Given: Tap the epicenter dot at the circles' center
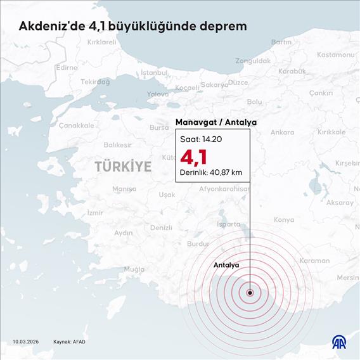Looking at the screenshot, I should (x=250, y=293).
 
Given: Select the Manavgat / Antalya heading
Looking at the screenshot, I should (x=212, y=122).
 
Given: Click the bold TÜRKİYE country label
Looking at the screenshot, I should (x=123, y=167).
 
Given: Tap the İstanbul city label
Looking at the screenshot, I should (x=155, y=73).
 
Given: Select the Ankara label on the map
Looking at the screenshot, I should (x=282, y=132).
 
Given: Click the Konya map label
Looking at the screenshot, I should (x=284, y=220).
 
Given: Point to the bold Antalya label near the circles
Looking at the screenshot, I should (x=226, y=264).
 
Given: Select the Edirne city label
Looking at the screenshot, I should (x=67, y=67).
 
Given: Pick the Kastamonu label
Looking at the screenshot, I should (x=335, y=55).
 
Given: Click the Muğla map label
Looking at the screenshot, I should (x=134, y=269).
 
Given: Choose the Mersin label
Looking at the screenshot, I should (x=348, y=278).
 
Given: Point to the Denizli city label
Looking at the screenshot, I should (x=161, y=228).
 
